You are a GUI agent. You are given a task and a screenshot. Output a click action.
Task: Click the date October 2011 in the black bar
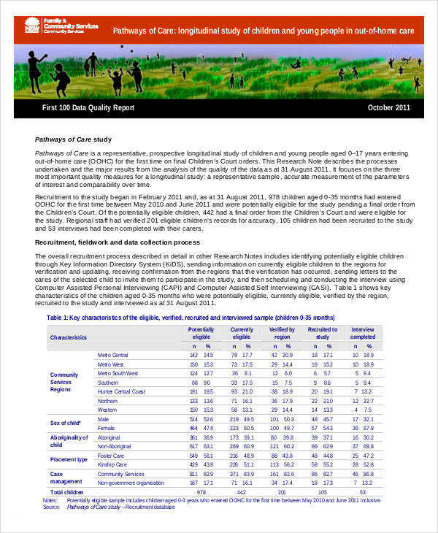(389, 107)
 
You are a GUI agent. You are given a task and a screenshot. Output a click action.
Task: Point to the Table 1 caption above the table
(191, 318)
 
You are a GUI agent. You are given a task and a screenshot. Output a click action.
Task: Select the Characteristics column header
(68, 337)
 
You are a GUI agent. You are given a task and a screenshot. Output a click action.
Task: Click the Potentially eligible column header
(201, 333)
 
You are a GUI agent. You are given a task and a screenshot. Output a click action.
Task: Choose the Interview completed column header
(363, 333)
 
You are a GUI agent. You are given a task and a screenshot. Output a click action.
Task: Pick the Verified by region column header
(282, 333)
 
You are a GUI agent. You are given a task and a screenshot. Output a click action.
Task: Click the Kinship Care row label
(114, 464)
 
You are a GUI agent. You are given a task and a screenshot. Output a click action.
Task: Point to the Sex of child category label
(65, 423)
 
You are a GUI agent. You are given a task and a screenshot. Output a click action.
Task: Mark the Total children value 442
(242, 493)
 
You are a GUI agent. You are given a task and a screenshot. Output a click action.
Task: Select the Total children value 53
(363, 493)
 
